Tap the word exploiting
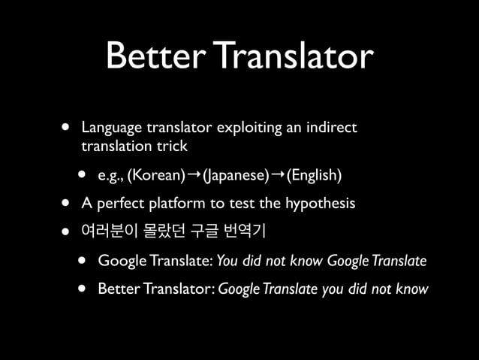243,129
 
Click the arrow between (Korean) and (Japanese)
192,175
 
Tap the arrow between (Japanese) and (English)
277,175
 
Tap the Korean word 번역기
252,231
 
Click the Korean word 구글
210,231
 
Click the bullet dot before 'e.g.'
82,176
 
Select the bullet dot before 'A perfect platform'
66,204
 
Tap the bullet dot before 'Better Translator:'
82,289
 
